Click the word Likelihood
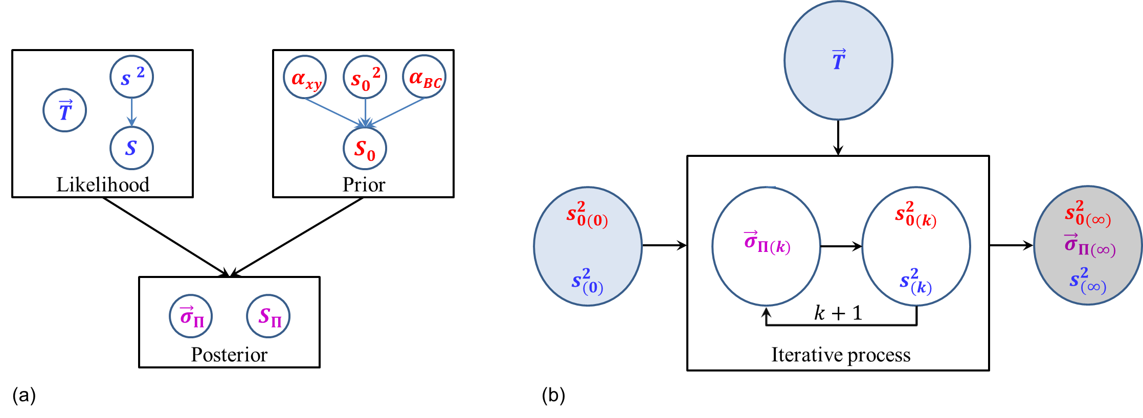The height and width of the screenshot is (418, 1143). point(102,184)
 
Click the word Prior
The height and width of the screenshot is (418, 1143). point(363,184)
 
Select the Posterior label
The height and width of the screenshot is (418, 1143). point(229,355)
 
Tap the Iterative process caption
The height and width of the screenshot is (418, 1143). point(840,355)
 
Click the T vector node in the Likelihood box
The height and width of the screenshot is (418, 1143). point(64,110)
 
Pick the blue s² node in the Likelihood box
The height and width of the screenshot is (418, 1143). point(131,77)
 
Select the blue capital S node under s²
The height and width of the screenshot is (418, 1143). point(131,148)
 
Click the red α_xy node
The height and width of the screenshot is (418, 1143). point(305,78)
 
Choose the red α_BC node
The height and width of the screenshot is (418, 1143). point(424,78)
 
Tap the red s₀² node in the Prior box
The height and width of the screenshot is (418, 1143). point(365,78)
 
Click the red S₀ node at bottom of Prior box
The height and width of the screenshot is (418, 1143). point(365,149)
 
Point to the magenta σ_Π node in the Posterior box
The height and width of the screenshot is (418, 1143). point(191,316)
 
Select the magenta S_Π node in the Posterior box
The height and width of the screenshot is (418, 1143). point(268,316)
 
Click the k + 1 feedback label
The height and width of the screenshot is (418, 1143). point(838,313)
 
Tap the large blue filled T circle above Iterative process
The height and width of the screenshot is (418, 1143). point(838,60)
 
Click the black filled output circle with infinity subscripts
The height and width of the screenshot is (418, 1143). point(1088,245)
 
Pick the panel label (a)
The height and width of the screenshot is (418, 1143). point(24,395)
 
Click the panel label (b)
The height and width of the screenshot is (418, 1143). point(553,395)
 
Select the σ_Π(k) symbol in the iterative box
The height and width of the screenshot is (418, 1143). point(767,242)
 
